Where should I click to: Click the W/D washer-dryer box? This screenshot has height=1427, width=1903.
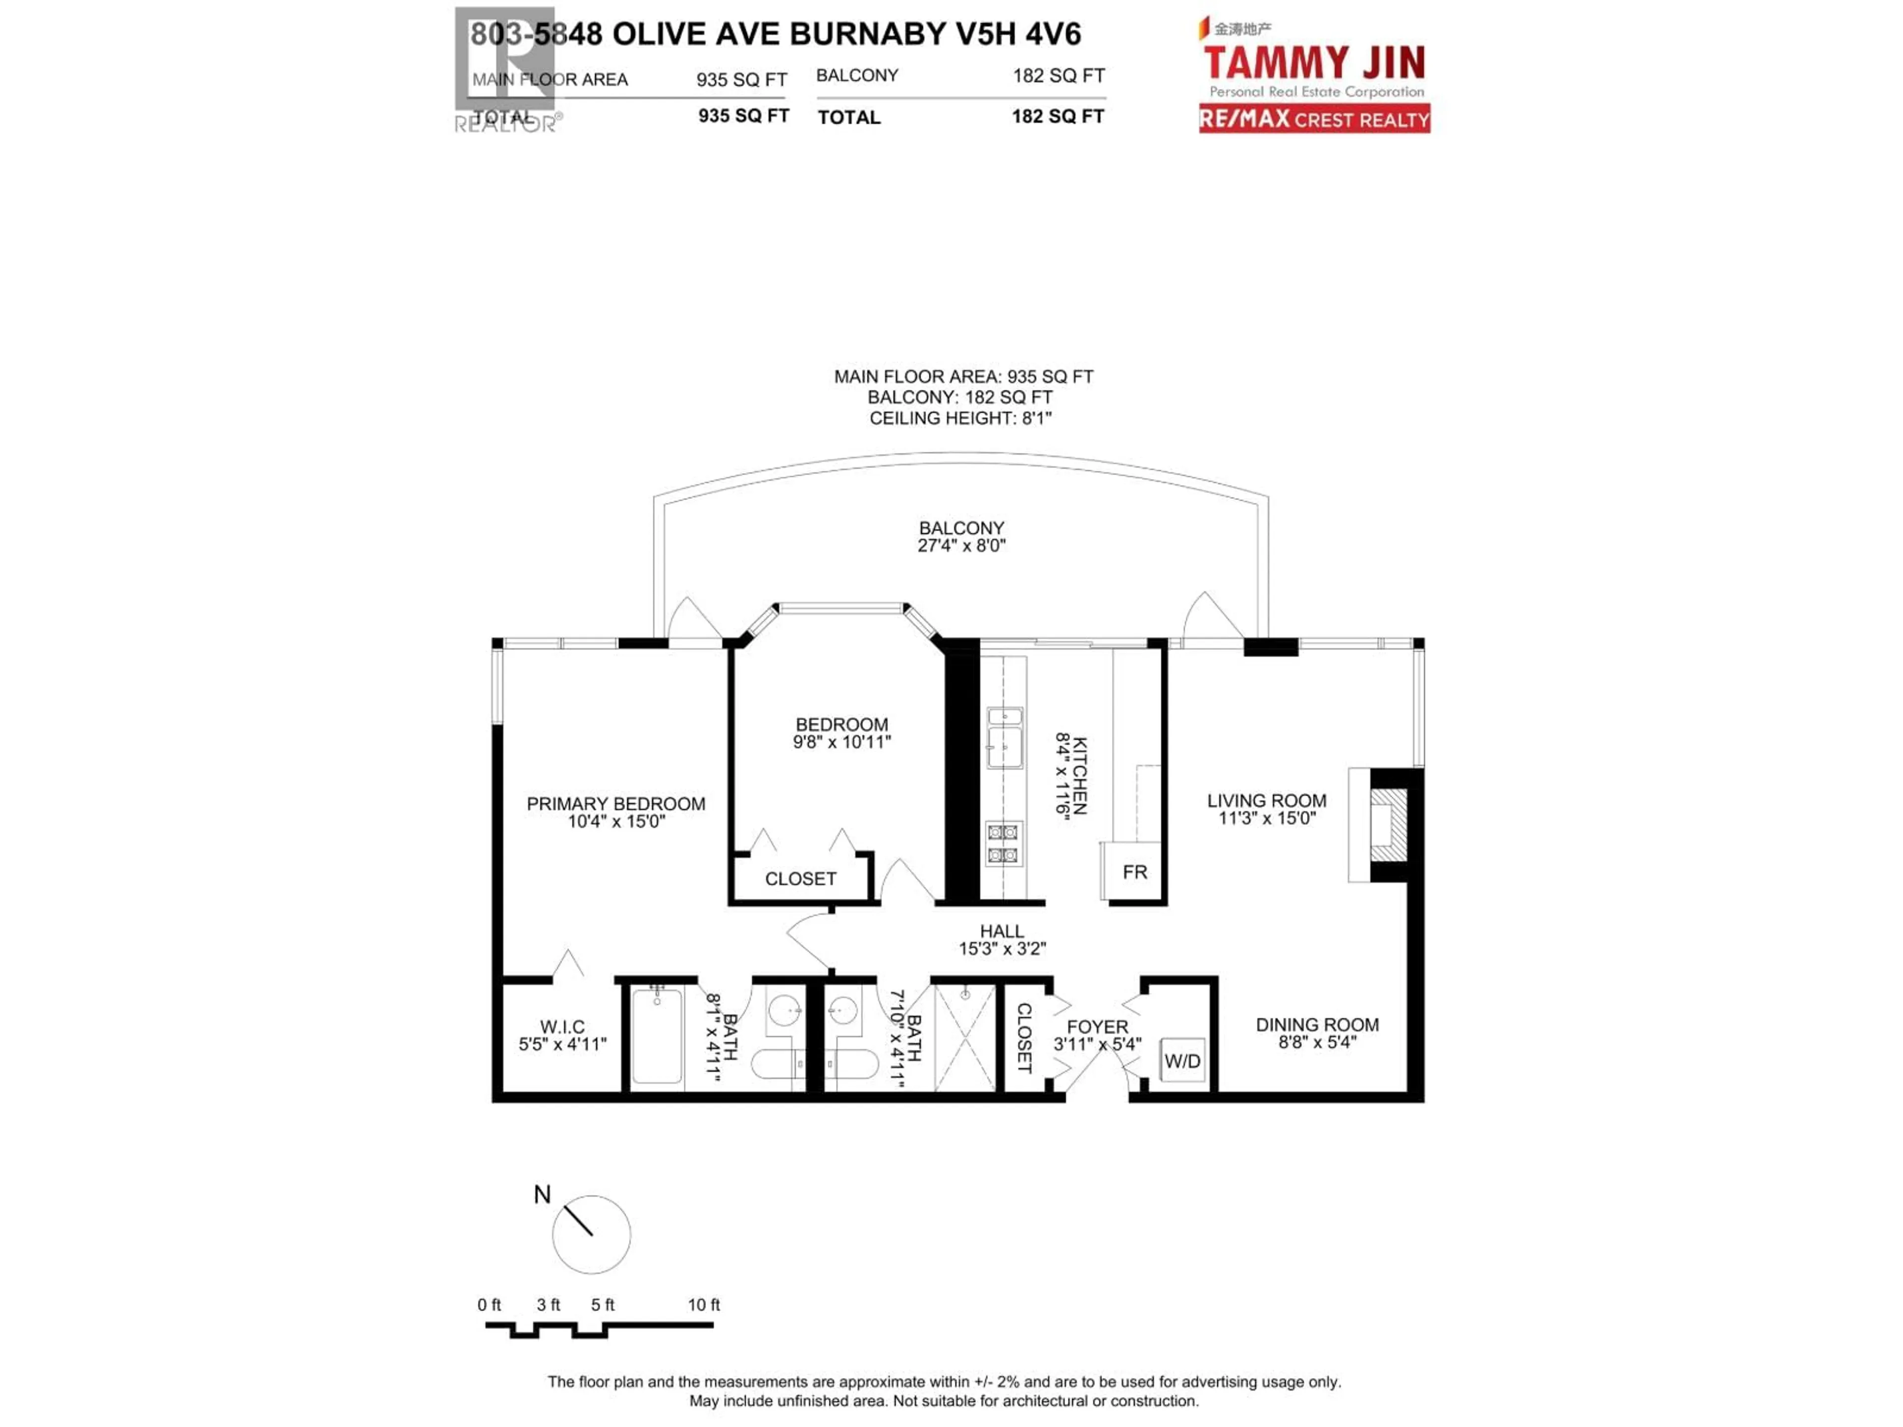[x=1182, y=1060]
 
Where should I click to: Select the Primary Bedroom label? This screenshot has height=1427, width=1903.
[x=616, y=803]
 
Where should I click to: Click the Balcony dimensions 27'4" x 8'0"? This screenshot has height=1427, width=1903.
[x=961, y=546]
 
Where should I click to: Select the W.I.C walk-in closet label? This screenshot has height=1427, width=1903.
[x=562, y=1027]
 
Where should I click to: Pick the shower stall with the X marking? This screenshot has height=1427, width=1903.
[x=964, y=1038]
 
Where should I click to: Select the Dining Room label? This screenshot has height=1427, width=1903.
[x=1317, y=1025]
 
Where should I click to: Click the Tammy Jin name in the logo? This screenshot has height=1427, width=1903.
[x=1314, y=63]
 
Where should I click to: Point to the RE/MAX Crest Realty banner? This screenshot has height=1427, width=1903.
[x=1315, y=119]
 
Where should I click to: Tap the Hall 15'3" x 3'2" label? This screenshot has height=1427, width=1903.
[x=1002, y=939]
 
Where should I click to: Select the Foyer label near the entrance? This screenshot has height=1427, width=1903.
[x=1097, y=1027]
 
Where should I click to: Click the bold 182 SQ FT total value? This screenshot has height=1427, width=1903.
[x=1058, y=116]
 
